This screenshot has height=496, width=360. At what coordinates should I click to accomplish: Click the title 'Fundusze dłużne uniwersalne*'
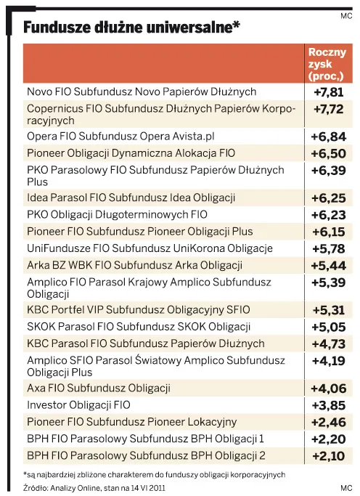click(131, 28)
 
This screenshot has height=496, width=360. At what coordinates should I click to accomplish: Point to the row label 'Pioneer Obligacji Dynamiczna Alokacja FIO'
click(131, 153)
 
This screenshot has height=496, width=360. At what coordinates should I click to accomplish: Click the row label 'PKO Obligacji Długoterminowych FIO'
click(117, 214)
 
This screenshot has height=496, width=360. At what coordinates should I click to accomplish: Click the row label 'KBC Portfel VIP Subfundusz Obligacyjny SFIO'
click(138, 310)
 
